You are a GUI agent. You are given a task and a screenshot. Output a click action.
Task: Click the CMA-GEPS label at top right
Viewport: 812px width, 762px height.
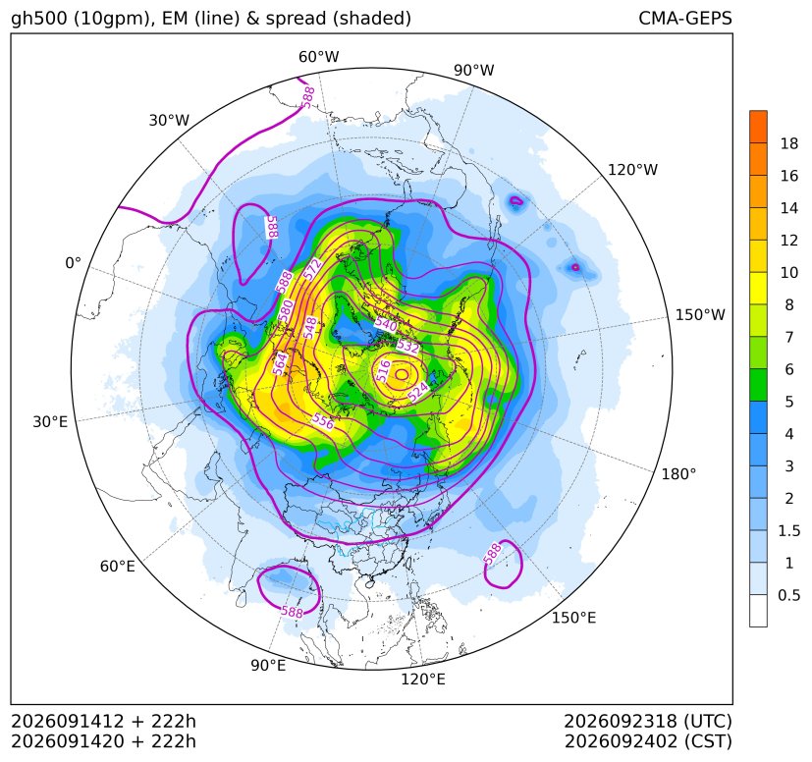(x=685, y=18)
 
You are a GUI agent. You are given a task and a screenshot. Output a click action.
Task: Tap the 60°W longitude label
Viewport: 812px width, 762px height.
(x=318, y=57)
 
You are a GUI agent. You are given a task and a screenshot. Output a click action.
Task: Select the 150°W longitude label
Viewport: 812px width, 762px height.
(x=700, y=315)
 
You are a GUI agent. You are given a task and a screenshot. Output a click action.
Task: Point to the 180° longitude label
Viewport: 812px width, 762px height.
(x=678, y=474)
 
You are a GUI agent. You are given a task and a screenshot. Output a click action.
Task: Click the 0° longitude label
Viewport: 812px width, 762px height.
(x=73, y=263)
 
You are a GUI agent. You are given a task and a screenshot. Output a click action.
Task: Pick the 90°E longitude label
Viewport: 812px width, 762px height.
(x=268, y=666)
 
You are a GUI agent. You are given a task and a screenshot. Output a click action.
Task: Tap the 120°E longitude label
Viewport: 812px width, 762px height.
(x=423, y=680)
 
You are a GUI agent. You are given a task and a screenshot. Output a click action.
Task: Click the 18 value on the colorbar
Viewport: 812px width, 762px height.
(x=789, y=144)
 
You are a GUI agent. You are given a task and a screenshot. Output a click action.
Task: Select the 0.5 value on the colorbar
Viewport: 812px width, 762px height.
(x=788, y=595)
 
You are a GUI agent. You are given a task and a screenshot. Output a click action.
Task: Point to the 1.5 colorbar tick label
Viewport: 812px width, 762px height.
(x=788, y=531)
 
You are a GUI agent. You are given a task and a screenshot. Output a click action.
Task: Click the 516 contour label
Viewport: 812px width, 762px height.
(x=383, y=371)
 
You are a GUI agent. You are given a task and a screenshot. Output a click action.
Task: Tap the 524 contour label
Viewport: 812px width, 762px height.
(x=418, y=391)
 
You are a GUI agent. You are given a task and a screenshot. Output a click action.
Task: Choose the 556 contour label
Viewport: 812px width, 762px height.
(x=323, y=420)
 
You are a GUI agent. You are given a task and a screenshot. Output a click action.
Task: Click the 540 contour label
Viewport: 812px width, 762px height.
(x=386, y=325)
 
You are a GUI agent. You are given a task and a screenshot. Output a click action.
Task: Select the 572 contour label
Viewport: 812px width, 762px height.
(x=312, y=269)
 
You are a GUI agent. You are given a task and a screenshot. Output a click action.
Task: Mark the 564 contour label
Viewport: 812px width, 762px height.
(x=280, y=363)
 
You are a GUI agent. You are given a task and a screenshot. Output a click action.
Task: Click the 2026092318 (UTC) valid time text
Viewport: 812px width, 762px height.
(x=648, y=721)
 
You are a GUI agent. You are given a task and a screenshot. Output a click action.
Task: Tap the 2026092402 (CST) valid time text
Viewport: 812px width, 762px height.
(x=648, y=741)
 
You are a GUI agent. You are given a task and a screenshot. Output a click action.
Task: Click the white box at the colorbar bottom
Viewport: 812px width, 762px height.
(x=758, y=611)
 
